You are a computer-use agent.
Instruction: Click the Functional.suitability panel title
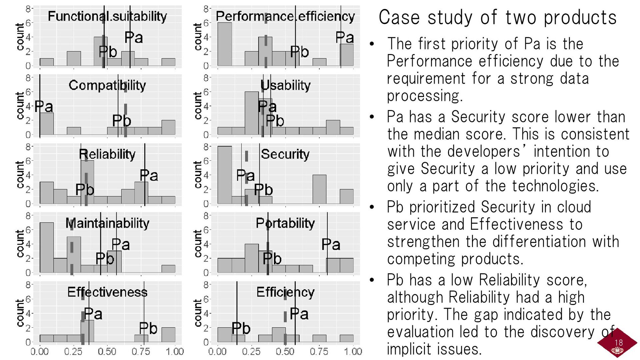(107, 16)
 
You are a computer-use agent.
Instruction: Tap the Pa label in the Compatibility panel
(44, 107)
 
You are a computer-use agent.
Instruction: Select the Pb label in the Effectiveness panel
(148, 328)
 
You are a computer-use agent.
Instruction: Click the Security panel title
(285, 154)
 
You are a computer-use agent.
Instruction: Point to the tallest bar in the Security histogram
(224, 175)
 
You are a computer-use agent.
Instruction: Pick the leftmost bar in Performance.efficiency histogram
(224, 44)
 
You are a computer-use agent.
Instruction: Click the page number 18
(618, 342)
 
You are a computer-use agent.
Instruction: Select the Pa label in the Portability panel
(331, 245)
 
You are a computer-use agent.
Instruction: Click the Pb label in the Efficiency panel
(241, 328)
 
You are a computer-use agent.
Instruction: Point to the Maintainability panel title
(107, 223)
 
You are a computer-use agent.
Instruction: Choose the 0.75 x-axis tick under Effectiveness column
(141, 351)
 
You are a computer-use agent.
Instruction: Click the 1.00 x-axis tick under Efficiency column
(353, 351)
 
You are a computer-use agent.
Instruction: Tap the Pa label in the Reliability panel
(149, 175)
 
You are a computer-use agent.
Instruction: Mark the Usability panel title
(285, 85)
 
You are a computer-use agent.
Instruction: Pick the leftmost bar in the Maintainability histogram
(47, 248)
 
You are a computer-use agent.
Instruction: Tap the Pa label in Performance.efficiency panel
(344, 37)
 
